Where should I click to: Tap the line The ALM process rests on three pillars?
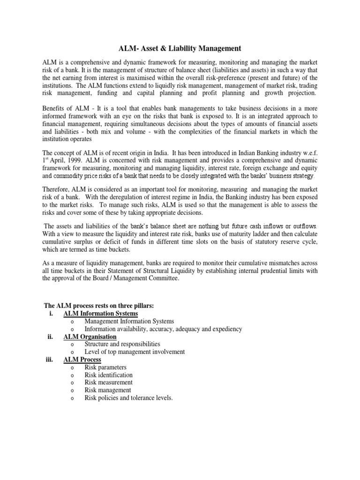pyautogui.click(x=99, y=307)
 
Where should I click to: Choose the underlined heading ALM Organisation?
pyautogui.click(x=90, y=337)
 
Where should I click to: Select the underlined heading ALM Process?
pyautogui.click(x=82, y=360)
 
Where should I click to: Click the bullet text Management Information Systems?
pyautogui.click(x=129, y=322)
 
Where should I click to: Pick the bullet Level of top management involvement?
pyautogui.click(x=135, y=352)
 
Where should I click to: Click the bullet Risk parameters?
pyautogui.click(x=105, y=367)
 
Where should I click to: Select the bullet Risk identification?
pyautogui.click(x=108, y=375)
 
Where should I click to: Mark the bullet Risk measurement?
pyautogui.click(x=108, y=382)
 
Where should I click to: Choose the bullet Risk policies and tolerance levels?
pyautogui.click(x=128, y=398)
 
